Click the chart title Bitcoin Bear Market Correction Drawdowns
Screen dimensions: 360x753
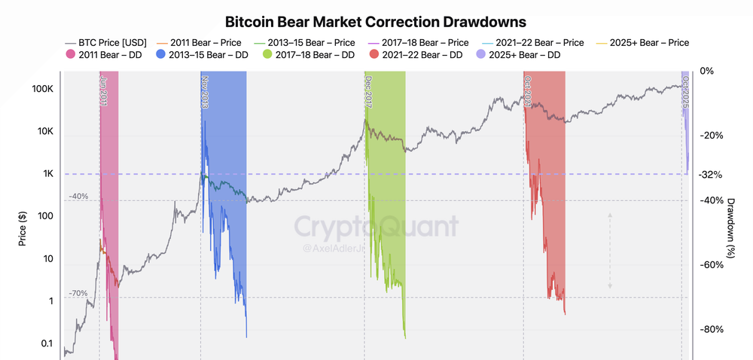pyautogui.click(x=376, y=21)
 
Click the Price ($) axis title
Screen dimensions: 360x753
pyautogui.click(x=23, y=226)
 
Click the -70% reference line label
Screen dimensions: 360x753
pyautogui.click(x=78, y=293)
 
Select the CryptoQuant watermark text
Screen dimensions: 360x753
pyautogui.click(x=376, y=227)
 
